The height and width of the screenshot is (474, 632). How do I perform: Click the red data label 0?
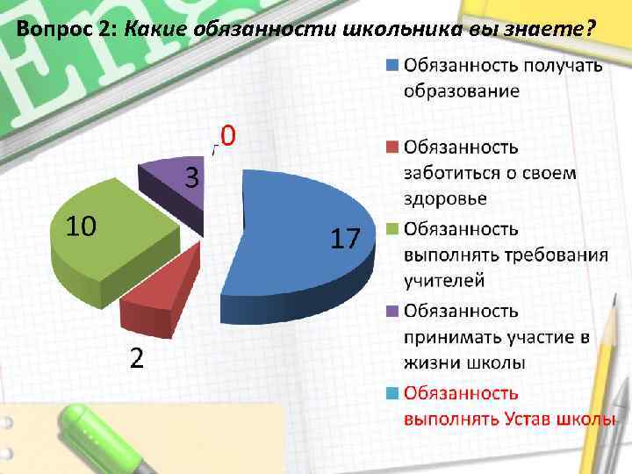pos(227,136)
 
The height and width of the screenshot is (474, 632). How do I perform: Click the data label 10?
pos(83,227)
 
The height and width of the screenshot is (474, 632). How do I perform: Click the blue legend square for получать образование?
pos(392,64)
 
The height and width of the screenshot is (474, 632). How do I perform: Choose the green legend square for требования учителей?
pos(392,230)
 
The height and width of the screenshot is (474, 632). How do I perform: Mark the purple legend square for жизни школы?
pos(392,311)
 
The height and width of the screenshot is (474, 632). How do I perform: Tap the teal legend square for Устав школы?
pos(392,393)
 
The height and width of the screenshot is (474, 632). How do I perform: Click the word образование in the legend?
pos(461,90)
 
